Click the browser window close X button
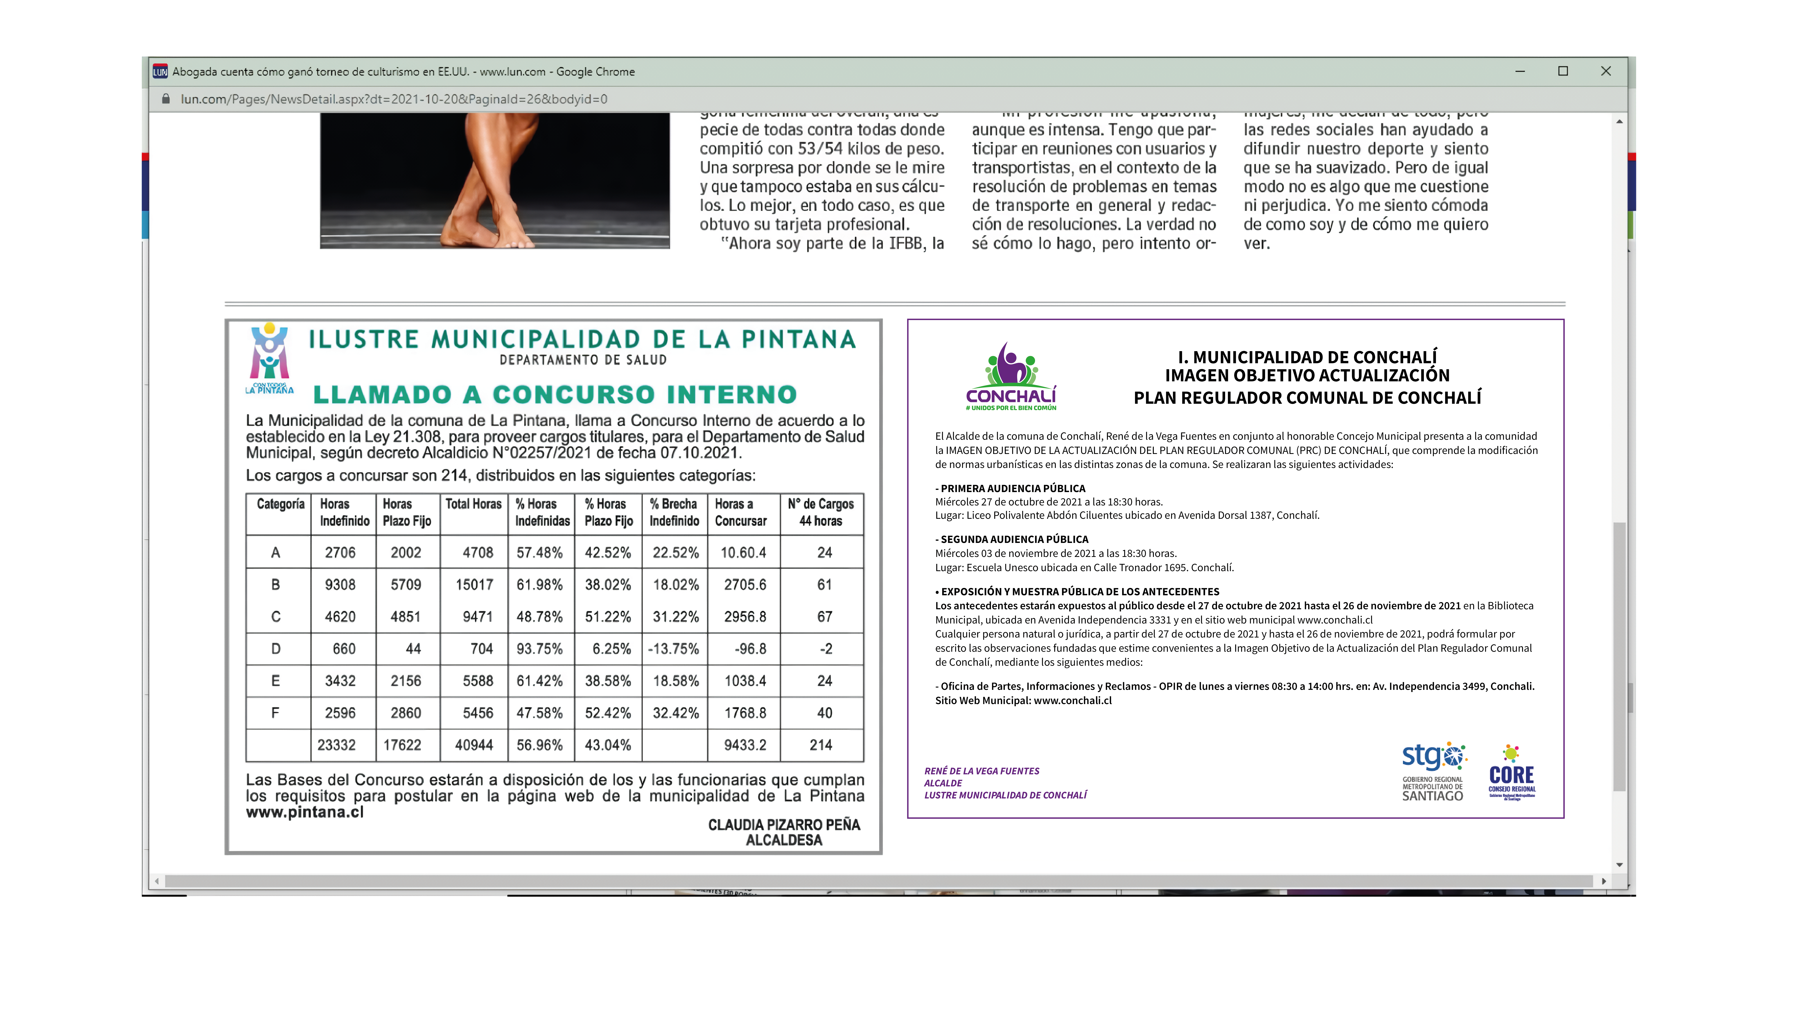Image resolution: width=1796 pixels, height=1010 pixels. [x=1606, y=71]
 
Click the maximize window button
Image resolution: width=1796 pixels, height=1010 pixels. [x=1563, y=71]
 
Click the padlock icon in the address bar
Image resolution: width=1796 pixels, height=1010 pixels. [x=166, y=99]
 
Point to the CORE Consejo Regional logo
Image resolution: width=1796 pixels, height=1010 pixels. [x=1512, y=772]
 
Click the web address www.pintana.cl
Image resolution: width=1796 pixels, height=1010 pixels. [x=305, y=812]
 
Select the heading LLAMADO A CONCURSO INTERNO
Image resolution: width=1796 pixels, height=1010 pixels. [x=555, y=394]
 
